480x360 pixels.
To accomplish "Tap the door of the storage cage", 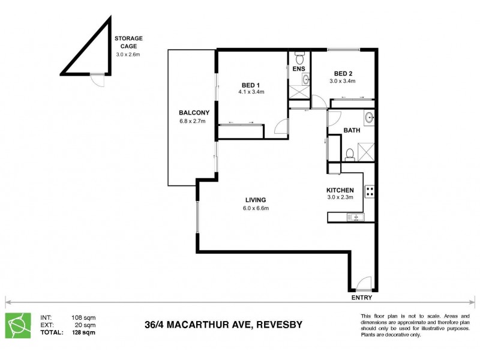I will (96, 78).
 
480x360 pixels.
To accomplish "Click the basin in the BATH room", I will (368, 116).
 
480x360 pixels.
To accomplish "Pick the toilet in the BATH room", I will (350, 154).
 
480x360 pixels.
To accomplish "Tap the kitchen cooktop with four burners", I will (370, 192).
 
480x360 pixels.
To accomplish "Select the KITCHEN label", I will (340, 190).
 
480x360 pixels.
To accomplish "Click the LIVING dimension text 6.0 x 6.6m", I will (254, 209).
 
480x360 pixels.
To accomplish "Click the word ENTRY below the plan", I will (362, 298).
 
